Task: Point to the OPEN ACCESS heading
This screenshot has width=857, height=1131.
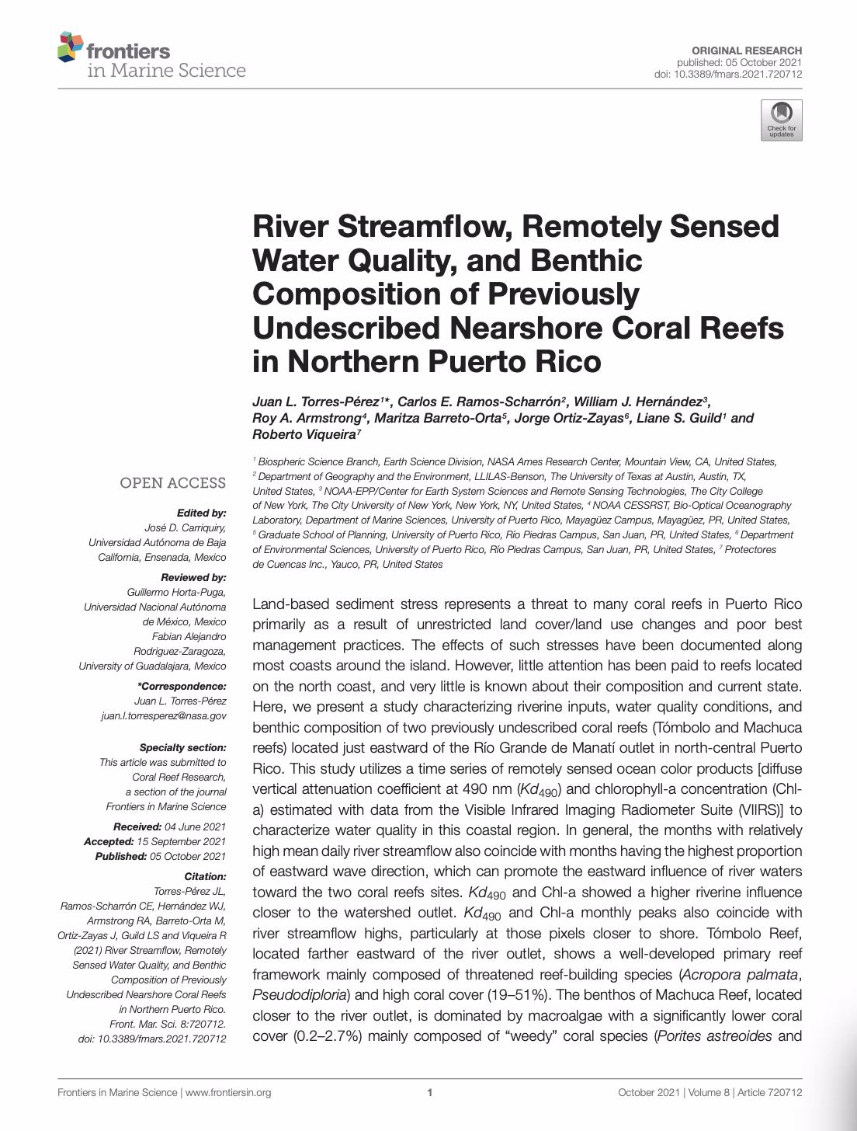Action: coord(172,483)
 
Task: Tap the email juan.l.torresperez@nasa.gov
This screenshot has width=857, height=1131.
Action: coord(164,716)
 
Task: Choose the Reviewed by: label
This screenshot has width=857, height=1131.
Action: coord(193,577)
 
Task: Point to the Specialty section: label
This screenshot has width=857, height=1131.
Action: coord(183,747)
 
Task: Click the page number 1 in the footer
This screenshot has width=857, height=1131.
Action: coord(429,1092)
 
